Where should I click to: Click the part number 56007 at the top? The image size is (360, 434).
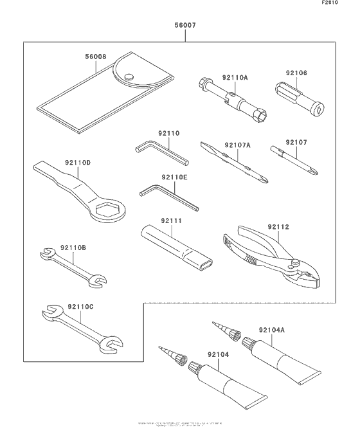(x=185, y=28)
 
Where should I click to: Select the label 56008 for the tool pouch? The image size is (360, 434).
(x=97, y=57)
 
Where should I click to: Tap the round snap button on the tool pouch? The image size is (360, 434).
(x=130, y=77)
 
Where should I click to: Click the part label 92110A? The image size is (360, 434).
(x=235, y=78)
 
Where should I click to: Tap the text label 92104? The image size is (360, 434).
(x=219, y=354)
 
